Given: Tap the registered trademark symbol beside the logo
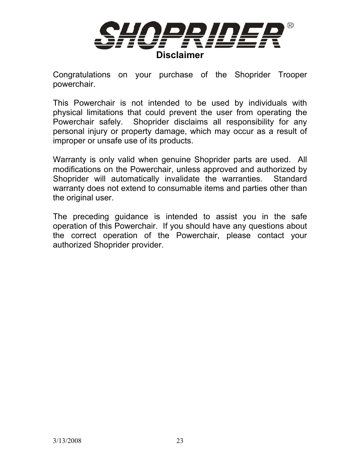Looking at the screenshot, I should (x=290, y=26).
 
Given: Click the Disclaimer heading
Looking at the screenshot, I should (x=180, y=55).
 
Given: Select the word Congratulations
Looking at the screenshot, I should (x=82, y=75).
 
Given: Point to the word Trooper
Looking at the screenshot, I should (x=292, y=75).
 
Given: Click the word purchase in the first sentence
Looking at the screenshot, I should (x=175, y=75).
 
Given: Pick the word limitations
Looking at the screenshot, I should (x=105, y=112).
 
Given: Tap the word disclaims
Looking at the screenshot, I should (x=191, y=122).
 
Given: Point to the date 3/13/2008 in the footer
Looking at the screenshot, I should (x=67, y=441).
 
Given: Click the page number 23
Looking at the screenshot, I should (x=180, y=441).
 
